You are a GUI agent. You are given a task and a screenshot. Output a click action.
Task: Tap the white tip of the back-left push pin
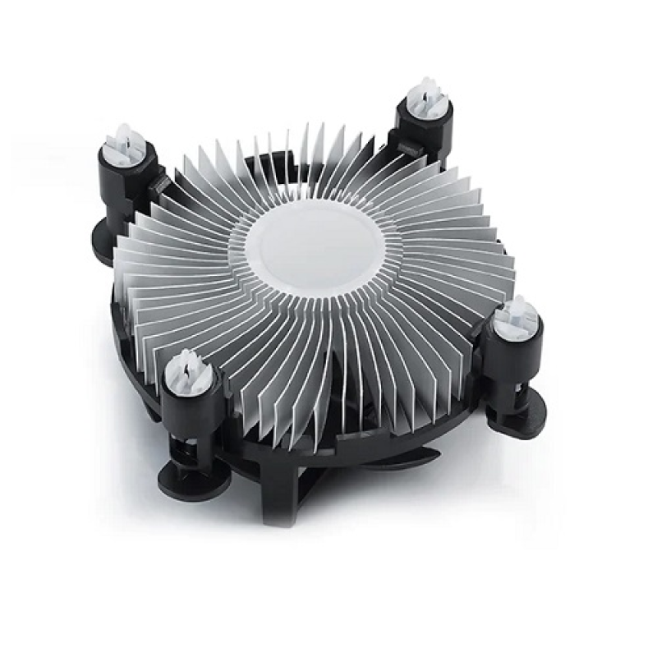(x=123, y=137)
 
